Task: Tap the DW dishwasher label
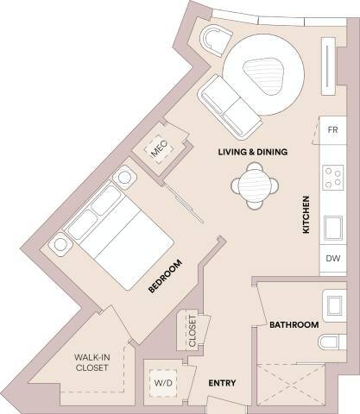(332, 257)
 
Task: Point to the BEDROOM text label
(161, 276)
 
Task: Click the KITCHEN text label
(305, 214)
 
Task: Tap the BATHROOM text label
(294, 325)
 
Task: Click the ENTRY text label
(222, 382)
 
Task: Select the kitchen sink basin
(332, 229)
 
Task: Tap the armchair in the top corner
(212, 41)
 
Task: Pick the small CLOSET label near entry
(192, 330)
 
